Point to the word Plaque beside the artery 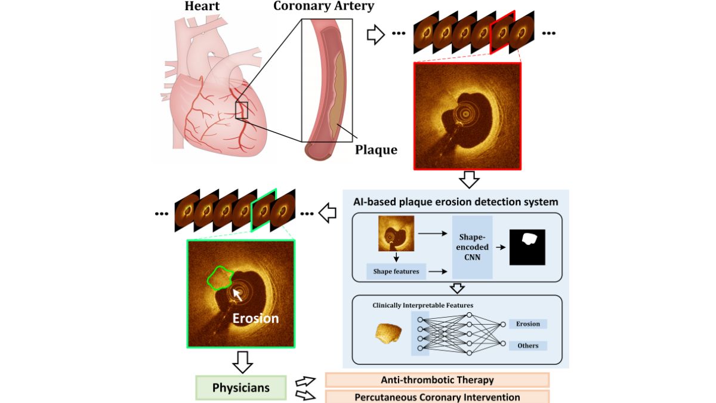376,149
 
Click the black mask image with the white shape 527,247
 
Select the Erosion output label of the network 527,324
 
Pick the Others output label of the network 527,346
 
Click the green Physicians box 240,387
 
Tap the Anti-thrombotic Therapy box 437,380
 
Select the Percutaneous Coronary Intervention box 437,396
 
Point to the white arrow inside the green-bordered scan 237,294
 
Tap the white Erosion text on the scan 255,318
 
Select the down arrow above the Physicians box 241,361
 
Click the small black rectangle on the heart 242,110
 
